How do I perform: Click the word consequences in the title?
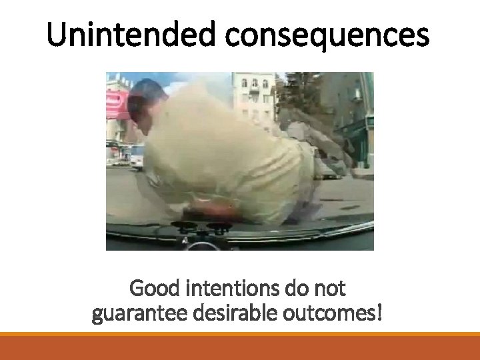click(327, 35)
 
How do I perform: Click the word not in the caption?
click(331, 289)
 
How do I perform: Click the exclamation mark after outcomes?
click(380, 312)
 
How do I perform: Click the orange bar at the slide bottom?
click(240, 347)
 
